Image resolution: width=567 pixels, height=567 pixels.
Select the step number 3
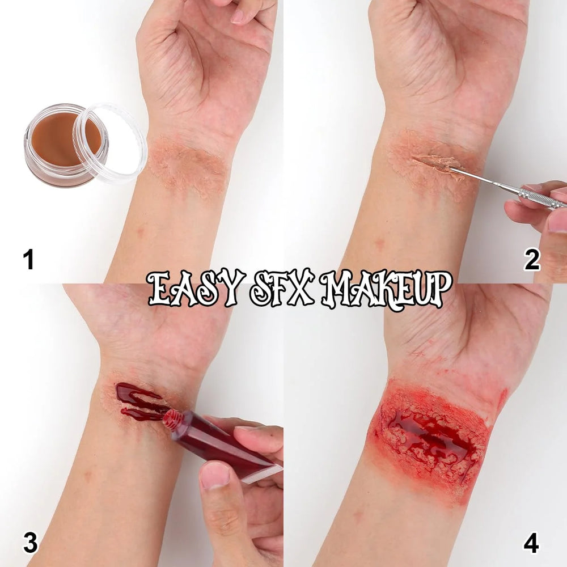coord(30,543)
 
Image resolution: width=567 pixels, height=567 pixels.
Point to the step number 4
coord(531,543)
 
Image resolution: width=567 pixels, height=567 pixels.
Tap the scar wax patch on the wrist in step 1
coord(187,167)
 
